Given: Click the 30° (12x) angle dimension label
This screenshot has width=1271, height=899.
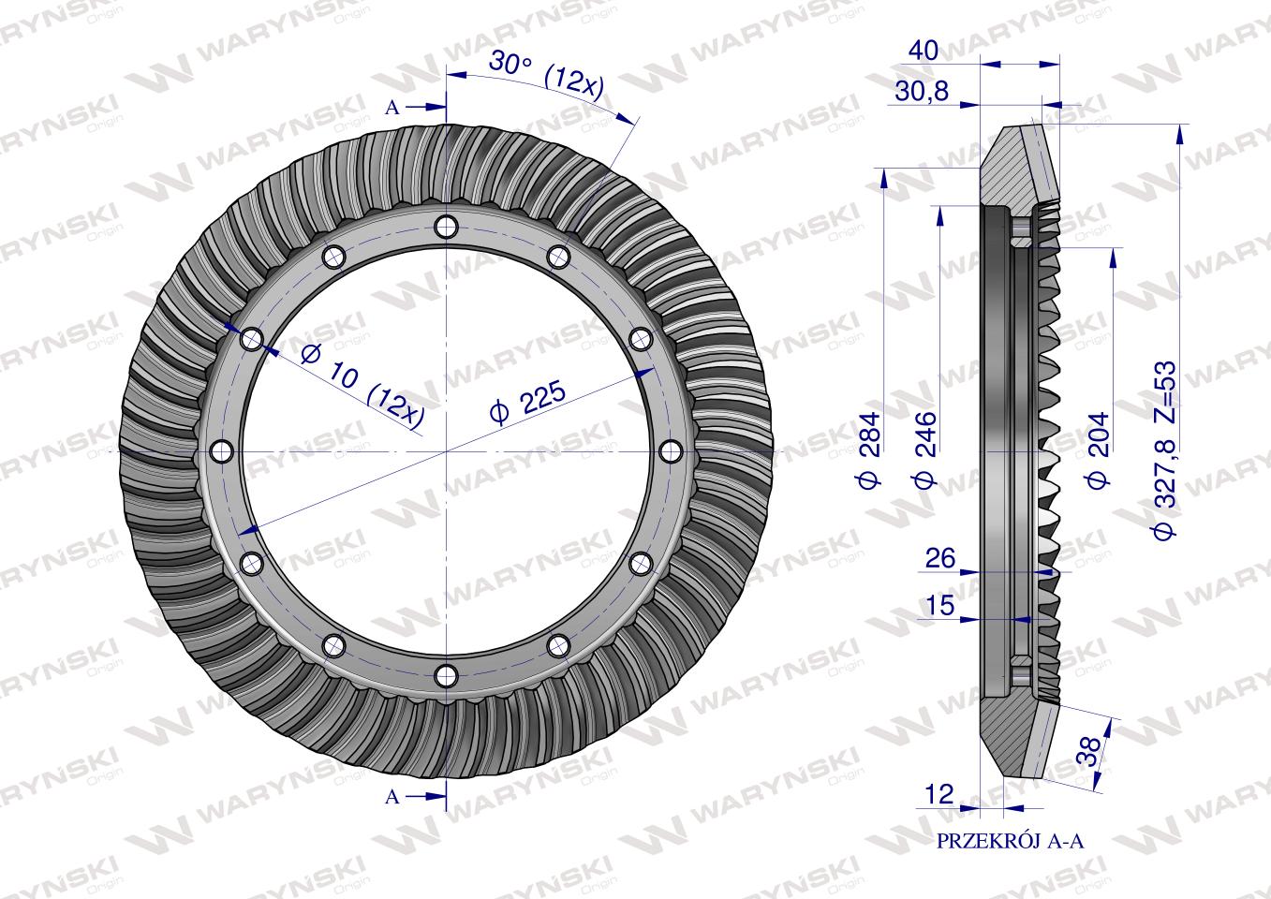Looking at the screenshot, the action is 546,76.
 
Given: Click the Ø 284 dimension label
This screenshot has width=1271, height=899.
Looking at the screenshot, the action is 869,449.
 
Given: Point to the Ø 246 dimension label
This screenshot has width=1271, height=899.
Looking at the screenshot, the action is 924,449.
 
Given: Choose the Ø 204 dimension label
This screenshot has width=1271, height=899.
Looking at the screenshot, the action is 1098,449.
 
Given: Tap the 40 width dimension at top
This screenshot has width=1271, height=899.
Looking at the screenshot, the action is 924,52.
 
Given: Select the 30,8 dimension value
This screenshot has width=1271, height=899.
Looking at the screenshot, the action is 922,92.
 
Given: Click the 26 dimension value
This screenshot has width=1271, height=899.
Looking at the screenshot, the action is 940,559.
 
